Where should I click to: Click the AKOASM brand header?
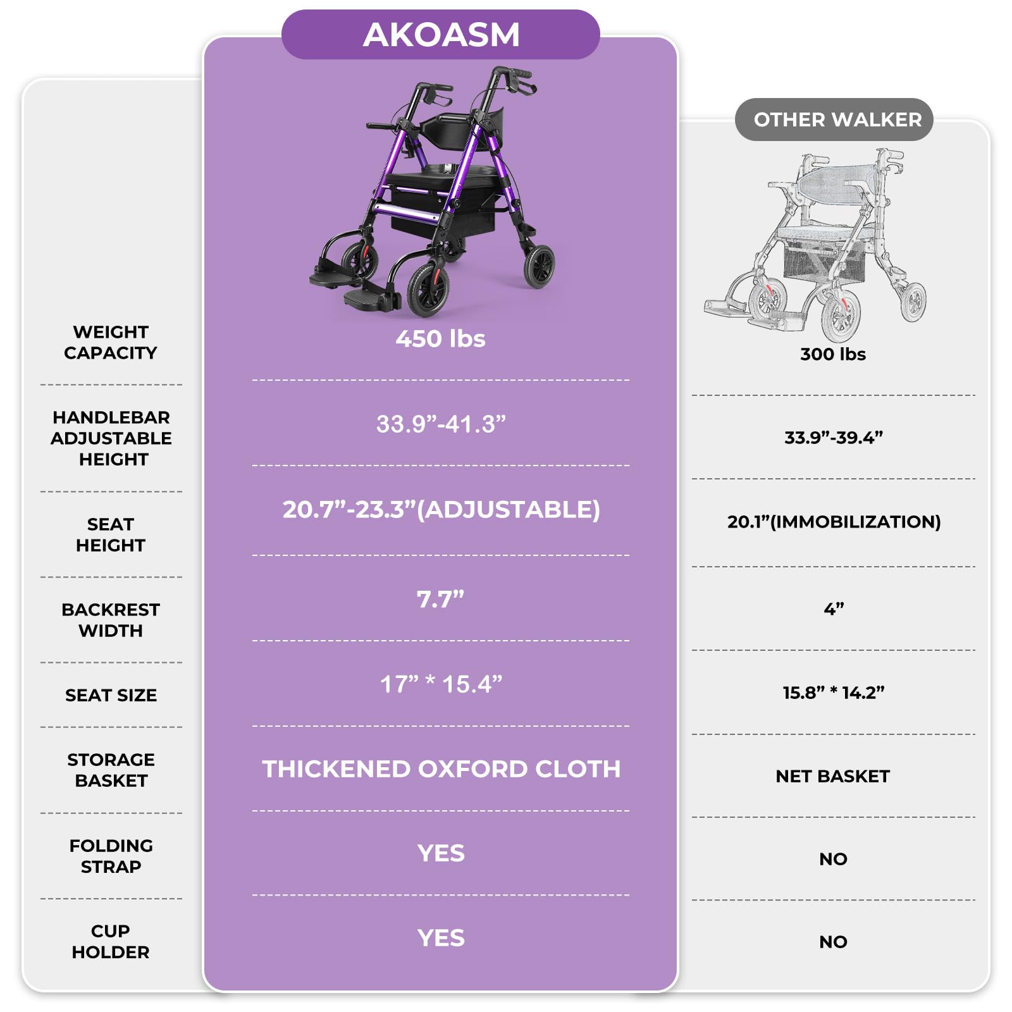pos(441,35)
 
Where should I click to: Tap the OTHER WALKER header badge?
pos(837,120)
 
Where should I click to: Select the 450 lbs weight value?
pos(440,339)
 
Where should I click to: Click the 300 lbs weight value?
pos(832,354)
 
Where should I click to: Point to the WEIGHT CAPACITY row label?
pos(111,342)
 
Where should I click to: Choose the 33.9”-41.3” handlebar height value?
pos(441,424)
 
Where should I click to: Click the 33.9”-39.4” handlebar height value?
pos(833,438)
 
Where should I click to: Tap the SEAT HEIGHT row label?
pos(111,534)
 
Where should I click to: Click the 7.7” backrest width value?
pos(440,599)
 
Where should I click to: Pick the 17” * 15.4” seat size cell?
pos(441,684)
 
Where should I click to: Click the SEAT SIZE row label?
pos(111,695)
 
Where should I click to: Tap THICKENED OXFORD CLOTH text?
pos(441,769)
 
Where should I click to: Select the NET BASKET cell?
pos(832,776)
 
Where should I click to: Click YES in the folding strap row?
pos(441,853)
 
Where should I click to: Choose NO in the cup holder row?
pos(832,942)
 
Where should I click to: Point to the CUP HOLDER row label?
pos(111,941)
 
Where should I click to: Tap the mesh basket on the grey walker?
pos(822,259)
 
